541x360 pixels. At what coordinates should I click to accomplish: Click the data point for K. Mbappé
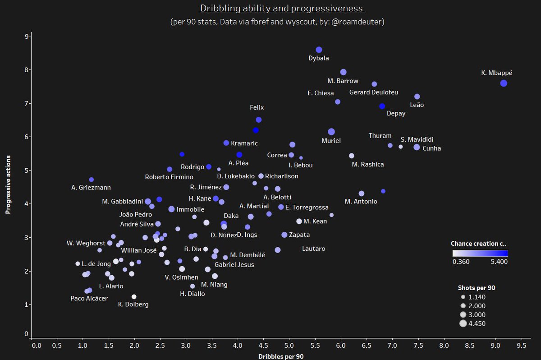504,83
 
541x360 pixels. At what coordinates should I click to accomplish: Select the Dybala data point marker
319,50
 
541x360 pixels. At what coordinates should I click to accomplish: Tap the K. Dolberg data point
134,296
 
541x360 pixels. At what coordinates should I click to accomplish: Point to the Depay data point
382,106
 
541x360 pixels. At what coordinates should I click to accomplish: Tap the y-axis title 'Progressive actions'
8,185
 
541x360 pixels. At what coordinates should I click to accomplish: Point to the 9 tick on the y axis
27,36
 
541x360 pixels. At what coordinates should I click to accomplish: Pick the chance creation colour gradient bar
480,253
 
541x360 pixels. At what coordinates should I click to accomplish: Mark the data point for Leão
417,97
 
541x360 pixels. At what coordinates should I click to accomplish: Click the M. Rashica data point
352,156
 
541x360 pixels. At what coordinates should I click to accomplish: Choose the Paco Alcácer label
89,298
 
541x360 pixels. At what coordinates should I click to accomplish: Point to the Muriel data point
331,132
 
